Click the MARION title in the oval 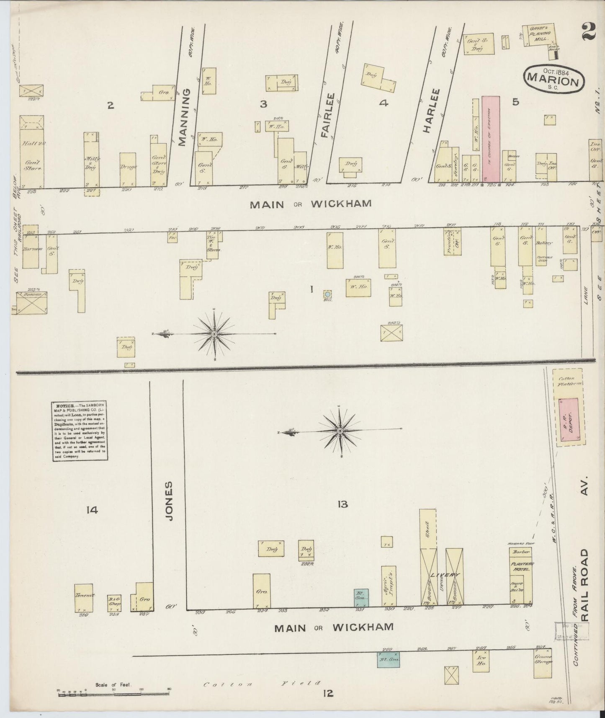tap(554, 78)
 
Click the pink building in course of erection tap(490, 138)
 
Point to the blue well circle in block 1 tap(328, 294)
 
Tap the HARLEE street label tap(426, 111)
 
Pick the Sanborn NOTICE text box tap(80, 431)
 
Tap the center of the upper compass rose tap(214, 333)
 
